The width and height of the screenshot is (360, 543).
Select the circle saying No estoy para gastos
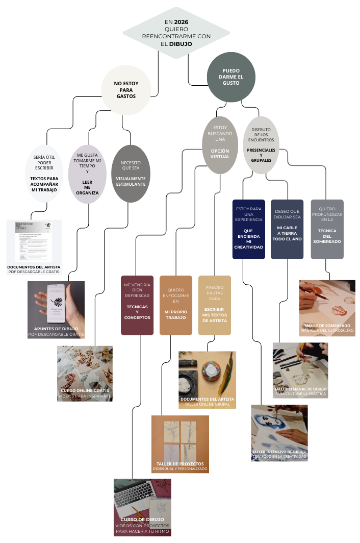pyautogui.click(x=126, y=89)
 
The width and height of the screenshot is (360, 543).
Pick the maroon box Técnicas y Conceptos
pyautogui.click(x=137, y=305)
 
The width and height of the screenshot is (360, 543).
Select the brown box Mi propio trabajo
pyautogui.click(x=176, y=305)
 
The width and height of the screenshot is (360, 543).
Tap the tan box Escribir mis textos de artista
pyautogui.click(x=214, y=305)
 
